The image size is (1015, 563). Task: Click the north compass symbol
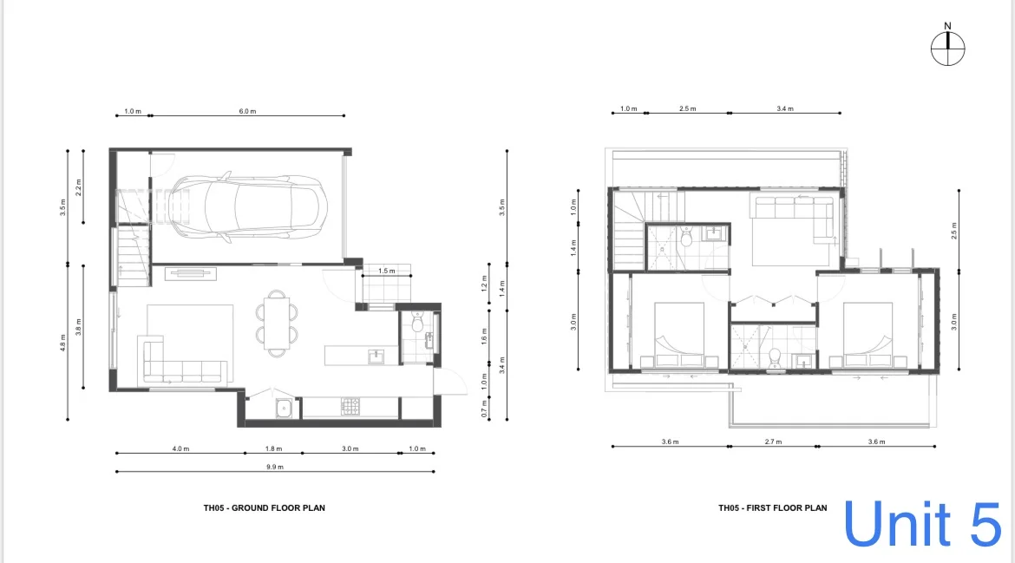pos(948,48)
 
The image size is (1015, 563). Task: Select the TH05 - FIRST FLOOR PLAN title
pos(772,507)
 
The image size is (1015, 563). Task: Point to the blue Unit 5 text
pos(922,523)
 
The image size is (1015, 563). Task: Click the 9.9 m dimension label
pos(275,468)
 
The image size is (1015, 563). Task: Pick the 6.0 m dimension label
pos(247,111)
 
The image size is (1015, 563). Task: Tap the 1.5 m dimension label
pos(387,272)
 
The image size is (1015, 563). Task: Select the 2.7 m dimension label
pos(772,442)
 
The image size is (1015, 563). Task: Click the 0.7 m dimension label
pos(484,406)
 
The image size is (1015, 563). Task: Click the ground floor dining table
pos(276,322)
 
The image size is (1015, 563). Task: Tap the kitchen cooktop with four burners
pos(350,406)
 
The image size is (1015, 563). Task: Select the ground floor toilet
pos(417,324)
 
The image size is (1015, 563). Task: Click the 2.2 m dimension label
pos(79,186)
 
